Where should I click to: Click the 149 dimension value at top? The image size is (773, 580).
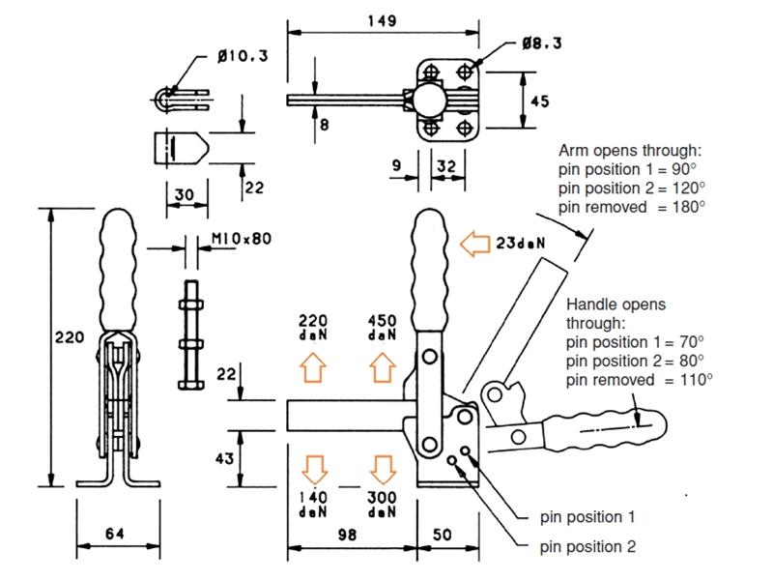point(384,19)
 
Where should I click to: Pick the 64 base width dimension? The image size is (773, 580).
point(114,533)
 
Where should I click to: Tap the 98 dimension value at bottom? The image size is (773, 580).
point(349,535)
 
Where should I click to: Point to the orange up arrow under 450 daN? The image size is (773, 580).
point(382,368)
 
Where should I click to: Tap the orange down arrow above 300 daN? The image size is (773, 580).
point(382,468)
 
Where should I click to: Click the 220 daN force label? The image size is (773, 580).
point(312,326)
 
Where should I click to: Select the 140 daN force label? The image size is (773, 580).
point(312,502)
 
